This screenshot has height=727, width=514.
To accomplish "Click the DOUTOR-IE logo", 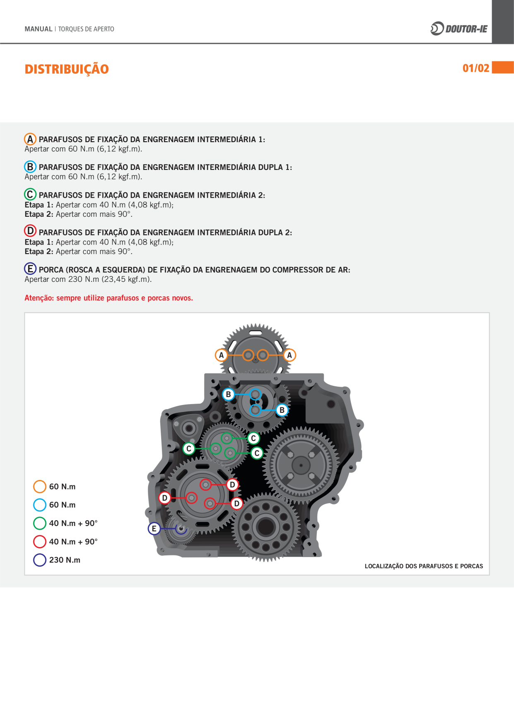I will point(459,29).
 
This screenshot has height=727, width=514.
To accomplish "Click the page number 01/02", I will point(475,68).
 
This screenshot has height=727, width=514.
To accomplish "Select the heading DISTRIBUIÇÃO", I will point(67,69).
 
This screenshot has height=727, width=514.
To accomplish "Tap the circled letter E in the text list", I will point(30,269).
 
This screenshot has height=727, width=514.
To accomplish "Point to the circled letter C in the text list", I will point(30,194).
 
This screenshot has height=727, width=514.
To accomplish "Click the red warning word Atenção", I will point(39,298).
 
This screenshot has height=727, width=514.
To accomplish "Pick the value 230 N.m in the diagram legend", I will point(65,560).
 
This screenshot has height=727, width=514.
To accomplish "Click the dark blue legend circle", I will point(40,560).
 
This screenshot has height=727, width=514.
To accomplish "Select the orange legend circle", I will point(40,487).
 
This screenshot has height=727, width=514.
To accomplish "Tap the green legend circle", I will point(40,523).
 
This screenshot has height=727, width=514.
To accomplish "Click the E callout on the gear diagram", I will point(154,528).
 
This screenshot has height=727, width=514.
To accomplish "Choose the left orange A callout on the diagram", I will point(221,355).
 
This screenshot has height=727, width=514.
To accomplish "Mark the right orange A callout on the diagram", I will point(290,355).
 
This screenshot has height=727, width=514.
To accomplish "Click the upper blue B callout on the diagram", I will point(228,394).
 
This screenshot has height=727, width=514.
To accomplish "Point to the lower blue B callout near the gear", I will point(282,410).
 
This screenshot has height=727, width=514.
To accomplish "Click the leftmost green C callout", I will point(189,448).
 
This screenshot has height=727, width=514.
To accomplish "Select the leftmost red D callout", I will point(165,498).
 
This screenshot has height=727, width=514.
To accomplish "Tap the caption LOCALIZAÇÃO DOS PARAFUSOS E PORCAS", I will point(424,566).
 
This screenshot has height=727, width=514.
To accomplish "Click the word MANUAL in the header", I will point(39,29).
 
